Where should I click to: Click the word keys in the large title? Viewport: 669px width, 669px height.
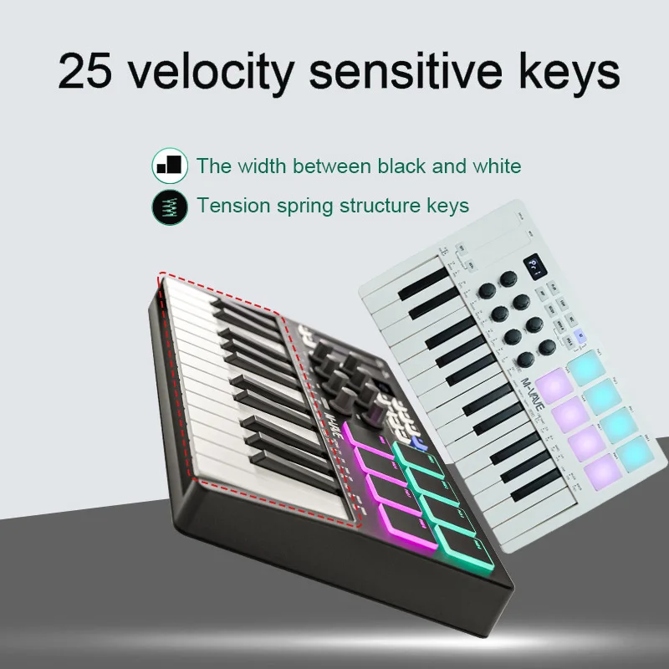[x=568, y=73]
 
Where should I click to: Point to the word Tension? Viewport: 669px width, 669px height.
[x=232, y=205]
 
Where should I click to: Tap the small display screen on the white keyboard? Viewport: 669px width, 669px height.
[x=534, y=267]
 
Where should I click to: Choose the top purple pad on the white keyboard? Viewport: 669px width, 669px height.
[x=551, y=386]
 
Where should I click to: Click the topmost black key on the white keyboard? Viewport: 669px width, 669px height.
[x=422, y=283]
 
